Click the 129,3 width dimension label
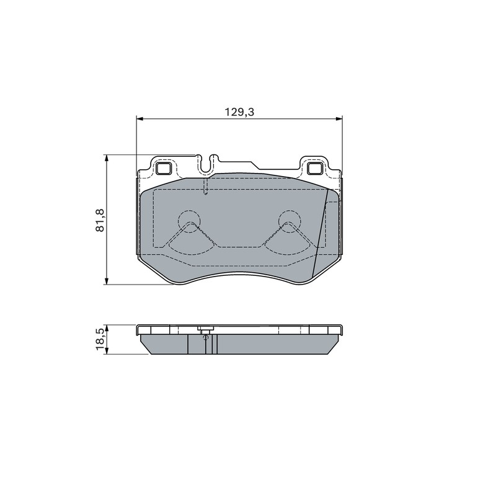239,112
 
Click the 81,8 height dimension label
100,220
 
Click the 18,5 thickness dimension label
100,339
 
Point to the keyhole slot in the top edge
206,164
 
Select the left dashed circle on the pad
189,221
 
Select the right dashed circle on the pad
290,221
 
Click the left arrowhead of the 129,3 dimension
140,118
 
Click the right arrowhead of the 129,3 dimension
339,118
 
